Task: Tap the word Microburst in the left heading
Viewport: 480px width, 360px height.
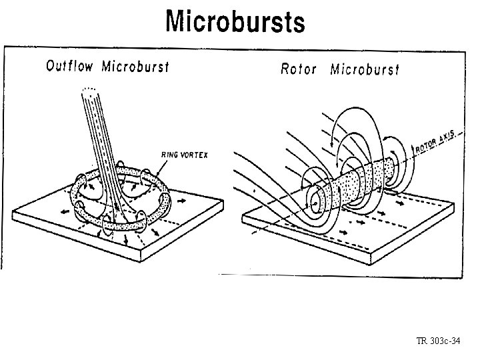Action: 135,66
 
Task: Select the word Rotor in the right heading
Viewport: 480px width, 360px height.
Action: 299,69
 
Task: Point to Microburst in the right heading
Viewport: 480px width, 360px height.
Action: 365,69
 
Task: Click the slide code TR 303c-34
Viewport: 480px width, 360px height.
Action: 438,341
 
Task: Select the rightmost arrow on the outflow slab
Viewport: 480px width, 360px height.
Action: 182,199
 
